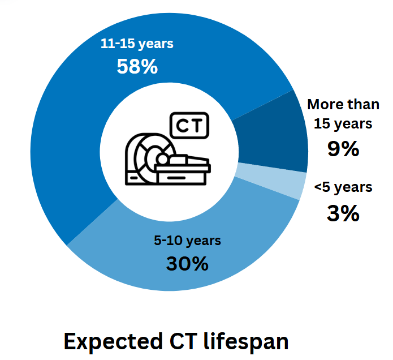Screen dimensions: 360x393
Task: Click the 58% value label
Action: point(137,66)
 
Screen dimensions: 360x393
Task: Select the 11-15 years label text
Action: point(137,44)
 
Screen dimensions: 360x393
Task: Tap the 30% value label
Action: point(187,263)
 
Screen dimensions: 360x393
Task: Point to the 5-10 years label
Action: point(187,241)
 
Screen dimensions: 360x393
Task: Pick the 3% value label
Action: point(343,213)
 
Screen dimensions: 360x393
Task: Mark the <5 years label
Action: point(343,187)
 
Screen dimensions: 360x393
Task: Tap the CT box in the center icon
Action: point(189,125)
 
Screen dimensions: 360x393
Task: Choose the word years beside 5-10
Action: point(203,241)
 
